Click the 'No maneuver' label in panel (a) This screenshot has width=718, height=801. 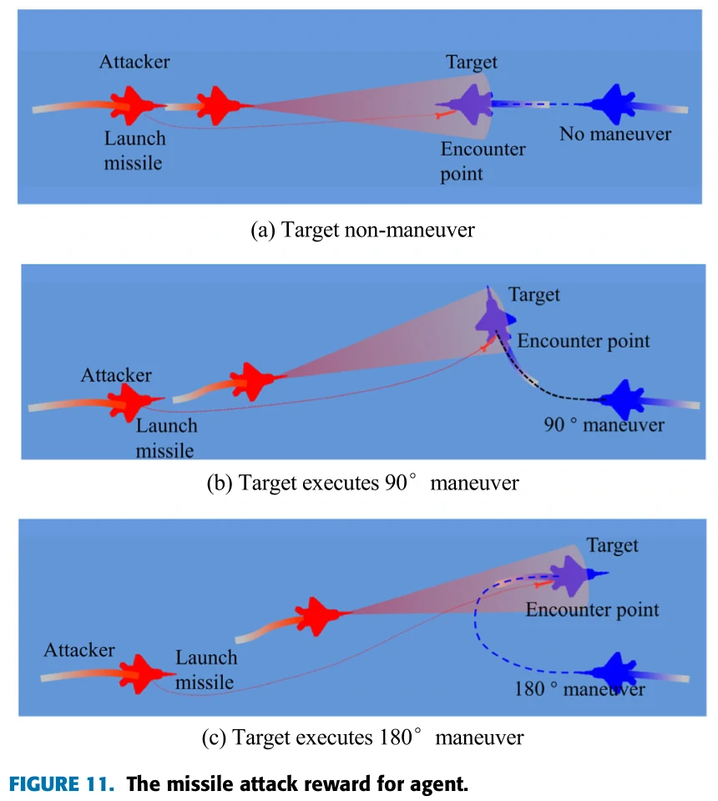(615, 134)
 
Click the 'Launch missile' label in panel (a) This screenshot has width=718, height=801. (134, 150)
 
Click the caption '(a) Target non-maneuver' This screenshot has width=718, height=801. (362, 230)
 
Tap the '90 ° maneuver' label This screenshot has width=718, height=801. (604, 425)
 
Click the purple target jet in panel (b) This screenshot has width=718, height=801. (495, 316)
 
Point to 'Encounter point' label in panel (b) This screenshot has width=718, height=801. (584, 341)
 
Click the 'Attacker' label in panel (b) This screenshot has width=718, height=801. (116, 376)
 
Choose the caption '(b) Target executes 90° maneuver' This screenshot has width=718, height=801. (362, 483)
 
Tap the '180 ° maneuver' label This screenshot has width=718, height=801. (579, 690)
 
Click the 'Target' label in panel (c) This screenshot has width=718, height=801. (612, 546)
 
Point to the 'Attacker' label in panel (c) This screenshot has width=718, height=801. (79, 650)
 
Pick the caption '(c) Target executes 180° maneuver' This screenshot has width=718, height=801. (362, 738)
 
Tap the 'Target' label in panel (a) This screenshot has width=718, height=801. (472, 62)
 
